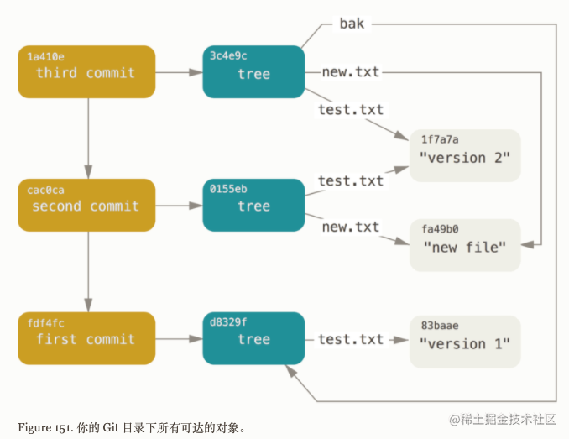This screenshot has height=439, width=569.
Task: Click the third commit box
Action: point(86,72)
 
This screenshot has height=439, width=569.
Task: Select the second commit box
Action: point(86,205)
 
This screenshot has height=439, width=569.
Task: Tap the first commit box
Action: point(86,338)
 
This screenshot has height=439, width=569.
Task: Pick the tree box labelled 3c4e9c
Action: point(253,72)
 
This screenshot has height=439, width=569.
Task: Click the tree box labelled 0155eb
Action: point(253,205)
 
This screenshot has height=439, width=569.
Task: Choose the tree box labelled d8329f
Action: point(253,338)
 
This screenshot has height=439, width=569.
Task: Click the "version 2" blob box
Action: point(465,155)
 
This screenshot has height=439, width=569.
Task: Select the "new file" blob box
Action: point(465,245)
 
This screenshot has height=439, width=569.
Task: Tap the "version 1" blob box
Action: point(465,342)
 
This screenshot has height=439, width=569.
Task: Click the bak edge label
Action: point(352,24)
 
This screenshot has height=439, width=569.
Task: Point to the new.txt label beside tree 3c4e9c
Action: point(351,72)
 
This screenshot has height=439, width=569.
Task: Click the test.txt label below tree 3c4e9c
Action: point(351,110)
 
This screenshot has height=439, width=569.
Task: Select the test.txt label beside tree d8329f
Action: point(351,340)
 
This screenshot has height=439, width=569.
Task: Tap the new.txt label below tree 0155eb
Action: point(351,227)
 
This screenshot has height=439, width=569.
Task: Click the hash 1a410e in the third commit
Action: point(45,56)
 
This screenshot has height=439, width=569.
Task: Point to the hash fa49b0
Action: point(440,229)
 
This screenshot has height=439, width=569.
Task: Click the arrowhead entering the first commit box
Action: point(88,305)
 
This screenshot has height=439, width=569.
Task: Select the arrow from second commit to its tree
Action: point(179,206)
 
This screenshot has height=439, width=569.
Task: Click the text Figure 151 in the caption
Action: point(45,428)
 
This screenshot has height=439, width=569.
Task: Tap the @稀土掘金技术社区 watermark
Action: point(503,420)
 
